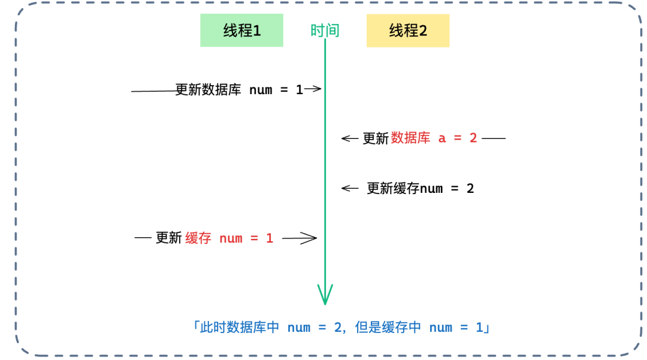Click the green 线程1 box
[x=241, y=31]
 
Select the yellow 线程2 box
[x=407, y=31]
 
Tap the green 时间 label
[x=325, y=31]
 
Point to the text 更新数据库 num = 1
[x=240, y=90]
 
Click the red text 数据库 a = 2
[x=434, y=138]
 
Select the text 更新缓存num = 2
[x=420, y=189]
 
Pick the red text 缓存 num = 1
[x=229, y=238]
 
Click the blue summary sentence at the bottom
[x=340, y=328]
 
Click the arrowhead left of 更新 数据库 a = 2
[x=349, y=138]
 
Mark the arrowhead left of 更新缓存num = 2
[x=349, y=188]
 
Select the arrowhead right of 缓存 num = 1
[x=309, y=238]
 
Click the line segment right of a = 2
[x=494, y=138]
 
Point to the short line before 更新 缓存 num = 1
[x=143, y=238]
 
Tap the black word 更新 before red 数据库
[x=376, y=138]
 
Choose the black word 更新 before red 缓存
[x=168, y=238]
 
